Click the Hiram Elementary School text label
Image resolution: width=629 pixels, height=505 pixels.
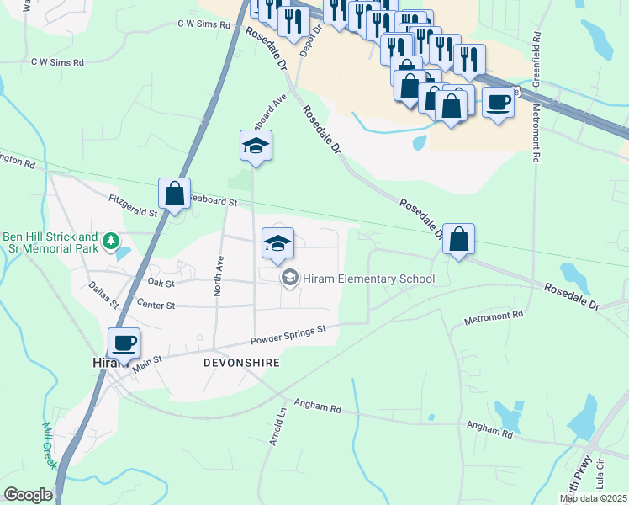click(x=370, y=279)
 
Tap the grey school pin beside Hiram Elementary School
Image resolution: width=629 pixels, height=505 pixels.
click(x=290, y=278)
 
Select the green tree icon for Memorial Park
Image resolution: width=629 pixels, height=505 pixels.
click(x=109, y=242)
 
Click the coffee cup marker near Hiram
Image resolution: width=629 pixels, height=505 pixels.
click(x=124, y=343)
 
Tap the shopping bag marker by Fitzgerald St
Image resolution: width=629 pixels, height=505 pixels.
click(x=174, y=194)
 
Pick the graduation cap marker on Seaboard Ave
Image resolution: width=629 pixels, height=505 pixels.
click(x=256, y=146)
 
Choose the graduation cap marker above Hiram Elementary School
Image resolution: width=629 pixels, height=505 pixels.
click(x=278, y=244)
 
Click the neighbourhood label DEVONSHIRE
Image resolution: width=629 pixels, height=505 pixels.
click(x=240, y=362)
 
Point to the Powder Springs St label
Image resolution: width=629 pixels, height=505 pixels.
click(x=288, y=335)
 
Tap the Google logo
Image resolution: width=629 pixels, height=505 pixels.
click(x=28, y=495)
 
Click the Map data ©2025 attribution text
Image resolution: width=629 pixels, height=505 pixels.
click(x=593, y=499)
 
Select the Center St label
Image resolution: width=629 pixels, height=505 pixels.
click(x=155, y=306)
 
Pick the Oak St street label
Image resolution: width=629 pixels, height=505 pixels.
click(x=160, y=282)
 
